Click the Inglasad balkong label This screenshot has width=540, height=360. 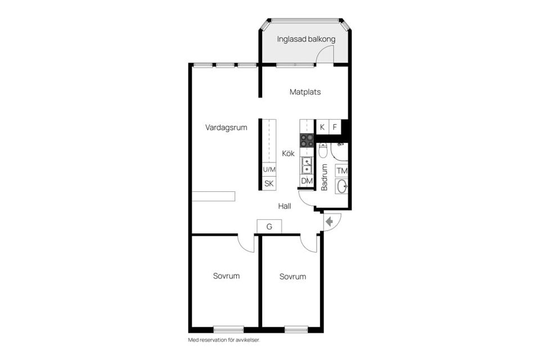(306, 39)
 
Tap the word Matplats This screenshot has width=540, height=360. (305, 92)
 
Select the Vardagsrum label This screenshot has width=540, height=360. (226, 128)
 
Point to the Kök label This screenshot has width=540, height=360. (288, 153)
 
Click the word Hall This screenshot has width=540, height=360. (285, 206)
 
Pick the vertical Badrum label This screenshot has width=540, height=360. (325, 177)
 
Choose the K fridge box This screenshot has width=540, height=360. (322, 127)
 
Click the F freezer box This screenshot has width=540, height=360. (335, 127)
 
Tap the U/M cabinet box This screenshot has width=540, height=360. (269, 169)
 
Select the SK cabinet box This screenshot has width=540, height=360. (269, 183)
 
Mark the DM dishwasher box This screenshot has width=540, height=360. (307, 181)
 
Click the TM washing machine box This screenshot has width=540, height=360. (341, 170)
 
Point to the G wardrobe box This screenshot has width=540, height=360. (269, 227)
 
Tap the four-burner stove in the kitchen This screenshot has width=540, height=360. (307, 141)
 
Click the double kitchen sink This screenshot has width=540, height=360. (307, 165)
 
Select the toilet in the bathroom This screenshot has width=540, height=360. (323, 151)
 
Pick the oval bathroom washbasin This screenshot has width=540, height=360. (342, 186)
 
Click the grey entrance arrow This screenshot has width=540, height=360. (330, 222)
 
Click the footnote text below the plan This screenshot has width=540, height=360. (223, 340)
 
